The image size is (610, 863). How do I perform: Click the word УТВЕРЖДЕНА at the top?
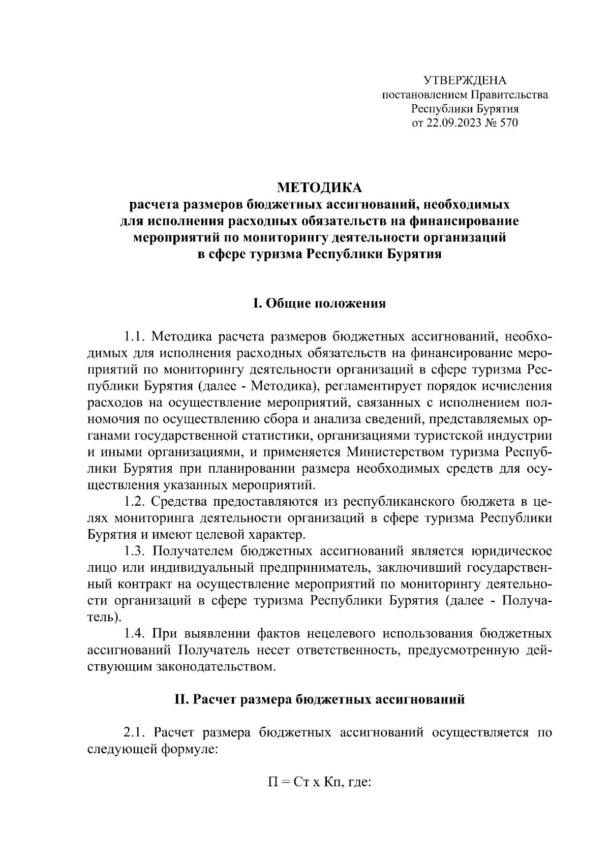465,80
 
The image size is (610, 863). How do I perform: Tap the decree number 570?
508,123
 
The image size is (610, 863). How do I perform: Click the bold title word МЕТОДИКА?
319,188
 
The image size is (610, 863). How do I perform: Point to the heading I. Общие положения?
319,303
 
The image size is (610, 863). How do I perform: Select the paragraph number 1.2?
135,502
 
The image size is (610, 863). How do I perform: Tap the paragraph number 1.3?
135,551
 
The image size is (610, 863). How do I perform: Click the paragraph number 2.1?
135,733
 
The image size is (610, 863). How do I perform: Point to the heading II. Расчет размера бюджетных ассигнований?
319,699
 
